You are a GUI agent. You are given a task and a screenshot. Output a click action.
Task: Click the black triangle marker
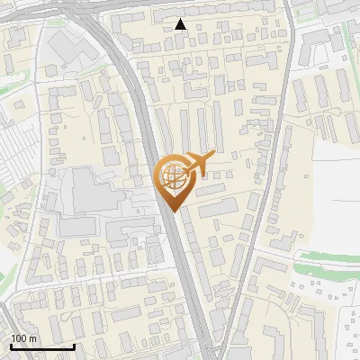click(x=181, y=24)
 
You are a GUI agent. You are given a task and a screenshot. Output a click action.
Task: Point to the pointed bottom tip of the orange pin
click(x=174, y=211)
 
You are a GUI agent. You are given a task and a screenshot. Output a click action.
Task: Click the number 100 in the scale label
click(x=18, y=339)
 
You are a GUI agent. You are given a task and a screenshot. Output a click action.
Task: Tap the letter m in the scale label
click(x=32, y=339)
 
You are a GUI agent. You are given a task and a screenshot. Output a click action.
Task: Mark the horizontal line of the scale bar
click(x=41, y=346)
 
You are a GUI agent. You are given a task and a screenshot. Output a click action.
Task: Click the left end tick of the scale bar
click(x=10, y=345)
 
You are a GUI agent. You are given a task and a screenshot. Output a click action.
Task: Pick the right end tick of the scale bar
click(x=74, y=345)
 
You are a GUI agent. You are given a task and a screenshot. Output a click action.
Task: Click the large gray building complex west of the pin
click(x=90, y=193)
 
